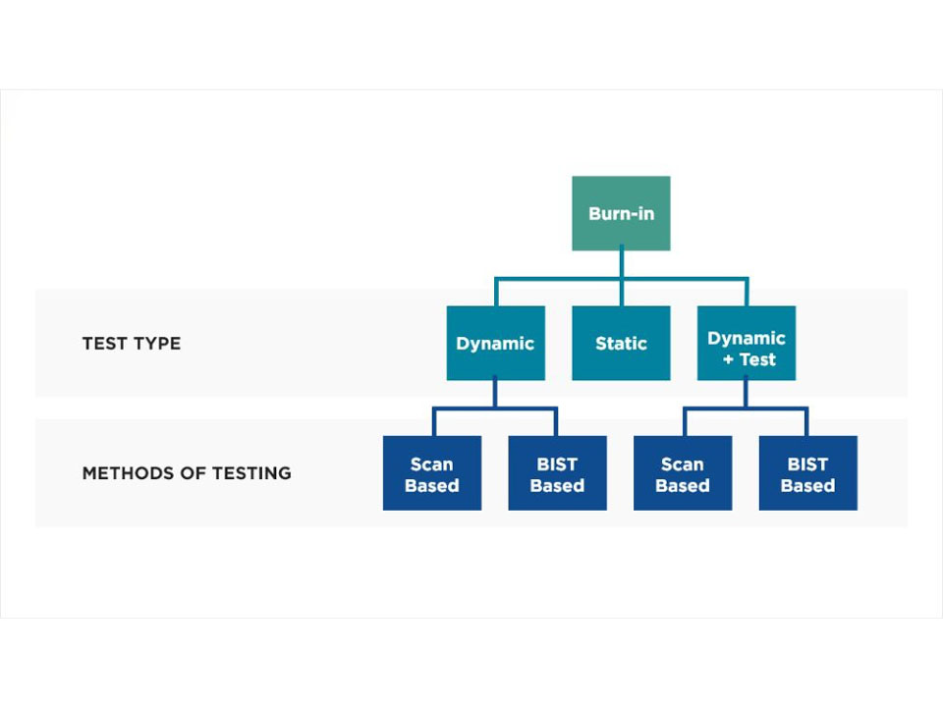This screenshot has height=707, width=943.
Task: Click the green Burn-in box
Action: pyautogui.click(x=621, y=213)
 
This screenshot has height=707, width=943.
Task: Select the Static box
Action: pyautogui.click(x=621, y=343)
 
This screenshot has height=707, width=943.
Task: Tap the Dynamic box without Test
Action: pyautogui.click(x=495, y=343)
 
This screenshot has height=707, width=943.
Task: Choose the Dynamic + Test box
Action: pyautogui.click(x=747, y=343)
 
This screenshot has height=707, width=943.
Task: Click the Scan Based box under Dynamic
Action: pyautogui.click(x=431, y=473)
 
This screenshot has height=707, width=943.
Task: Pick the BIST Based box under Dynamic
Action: pyautogui.click(x=557, y=473)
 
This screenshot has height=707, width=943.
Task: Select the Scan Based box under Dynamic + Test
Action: pyautogui.click(x=682, y=473)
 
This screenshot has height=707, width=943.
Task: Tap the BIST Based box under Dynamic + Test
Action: pyautogui.click(x=807, y=473)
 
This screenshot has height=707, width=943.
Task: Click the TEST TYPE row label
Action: pyautogui.click(x=132, y=344)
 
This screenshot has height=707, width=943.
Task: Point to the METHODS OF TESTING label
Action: pyautogui.click(x=187, y=473)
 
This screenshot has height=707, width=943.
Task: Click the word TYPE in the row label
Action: pyautogui.click(x=157, y=344)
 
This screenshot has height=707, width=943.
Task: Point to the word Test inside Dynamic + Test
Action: pyautogui.click(x=757, y=359)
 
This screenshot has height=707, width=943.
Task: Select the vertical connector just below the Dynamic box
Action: pyautogui.click(x=495, y=392)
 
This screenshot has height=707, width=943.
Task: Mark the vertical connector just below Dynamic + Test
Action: pyautogui.click(x=747, y=392)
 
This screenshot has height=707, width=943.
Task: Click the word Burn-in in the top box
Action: pyautogui.click(x=621, y=213)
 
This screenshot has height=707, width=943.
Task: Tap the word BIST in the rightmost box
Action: pyautogui.click(x=807, y=463)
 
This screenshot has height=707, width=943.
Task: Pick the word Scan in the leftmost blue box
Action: pyautogui.click(x=431, y=463)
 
